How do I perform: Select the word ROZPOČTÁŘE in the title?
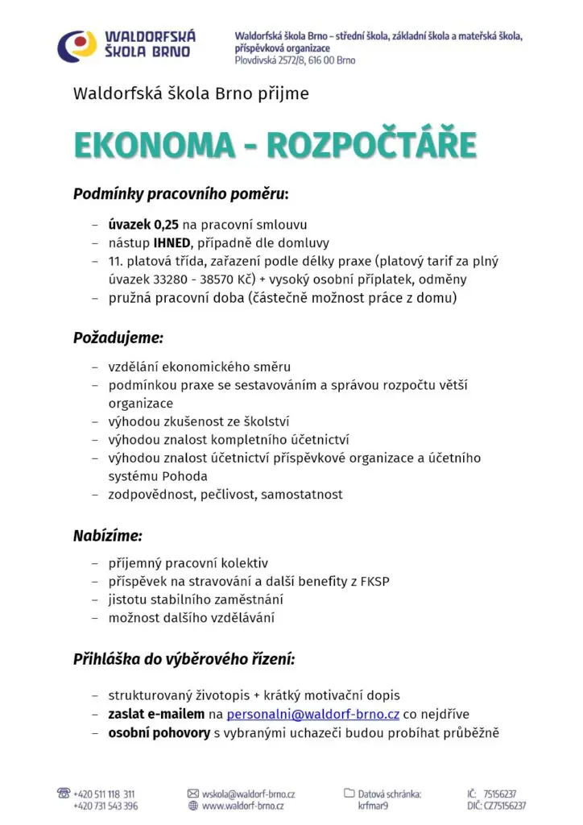[x=371, y=145]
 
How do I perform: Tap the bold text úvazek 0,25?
[x=143, y=225]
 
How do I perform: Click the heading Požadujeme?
[x=118, y=337]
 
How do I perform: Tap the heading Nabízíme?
[x=107, y=534]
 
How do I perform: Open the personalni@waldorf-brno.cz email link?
[x=313, y=714]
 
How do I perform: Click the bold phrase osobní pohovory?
[x=159, y=732]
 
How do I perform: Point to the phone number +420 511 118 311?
[x=104, y=794]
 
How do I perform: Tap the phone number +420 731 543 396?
[x=105, y=806]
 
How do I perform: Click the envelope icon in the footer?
[x=192, y=794]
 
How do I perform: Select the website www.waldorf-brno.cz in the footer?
[x=242, y=806]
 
